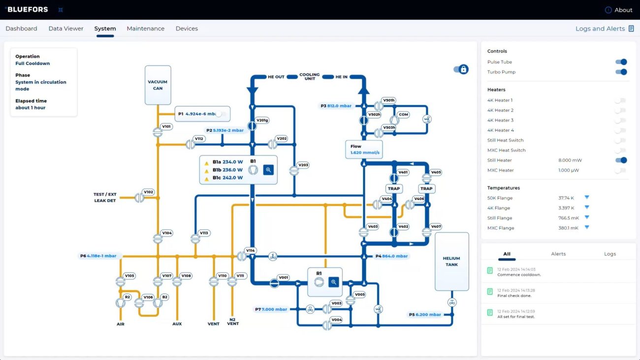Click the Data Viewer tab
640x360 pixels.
[65, 29]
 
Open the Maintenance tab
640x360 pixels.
[145, 29]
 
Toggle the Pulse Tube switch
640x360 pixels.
[621, 62]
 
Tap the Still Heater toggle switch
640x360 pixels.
[621, 160]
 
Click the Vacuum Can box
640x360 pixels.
[158, 85]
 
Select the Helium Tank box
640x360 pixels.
[452, 262]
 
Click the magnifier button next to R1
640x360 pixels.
[333, 282]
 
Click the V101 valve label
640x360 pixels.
[166, 126]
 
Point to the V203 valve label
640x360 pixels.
[303, 165]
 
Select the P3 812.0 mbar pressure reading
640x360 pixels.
[336, 106]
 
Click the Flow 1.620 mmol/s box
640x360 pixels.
[364, 149]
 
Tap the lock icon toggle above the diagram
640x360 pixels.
[461, 69]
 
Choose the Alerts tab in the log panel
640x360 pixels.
[558, 254]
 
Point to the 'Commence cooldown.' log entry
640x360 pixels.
[519, 275]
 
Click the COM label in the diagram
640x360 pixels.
[403, 115]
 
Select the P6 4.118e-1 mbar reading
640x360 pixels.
[98, 256]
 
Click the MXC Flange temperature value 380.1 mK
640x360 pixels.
[568, 228]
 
